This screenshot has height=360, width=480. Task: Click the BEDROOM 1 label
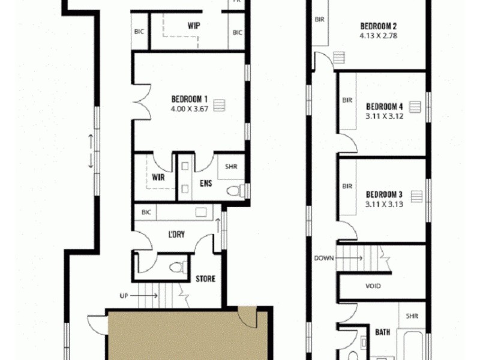(190, 99)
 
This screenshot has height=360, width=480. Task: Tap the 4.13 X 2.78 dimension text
(379, 35)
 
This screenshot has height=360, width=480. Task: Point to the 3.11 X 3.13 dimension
(385, 204)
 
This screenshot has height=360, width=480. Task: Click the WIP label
(193, 26)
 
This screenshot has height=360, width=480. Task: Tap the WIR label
(158, 178)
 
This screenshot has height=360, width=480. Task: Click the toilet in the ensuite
(235, 191)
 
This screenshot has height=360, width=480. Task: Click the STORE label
(205, 279)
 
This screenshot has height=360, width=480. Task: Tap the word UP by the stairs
(124, 295)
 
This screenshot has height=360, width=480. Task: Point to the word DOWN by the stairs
(323, 258)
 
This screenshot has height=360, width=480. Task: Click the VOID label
(373, 286)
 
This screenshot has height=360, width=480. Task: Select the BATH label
(383, 332)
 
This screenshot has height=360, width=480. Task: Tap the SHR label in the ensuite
(231, 167)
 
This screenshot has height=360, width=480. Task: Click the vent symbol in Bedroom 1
(220, 105)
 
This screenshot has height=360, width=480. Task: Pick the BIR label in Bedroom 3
(347, 187)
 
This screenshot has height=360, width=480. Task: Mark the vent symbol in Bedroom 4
(414, 107)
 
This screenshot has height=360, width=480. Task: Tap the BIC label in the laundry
(146, 212)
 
